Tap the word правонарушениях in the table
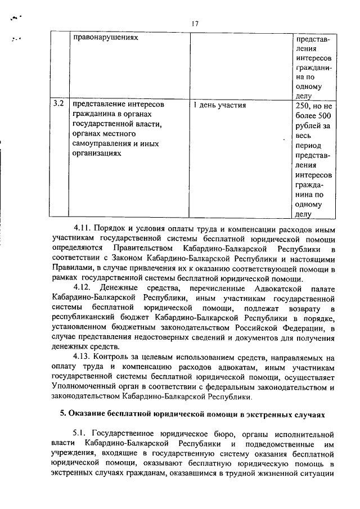point(106,39)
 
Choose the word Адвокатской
point(277,289)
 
